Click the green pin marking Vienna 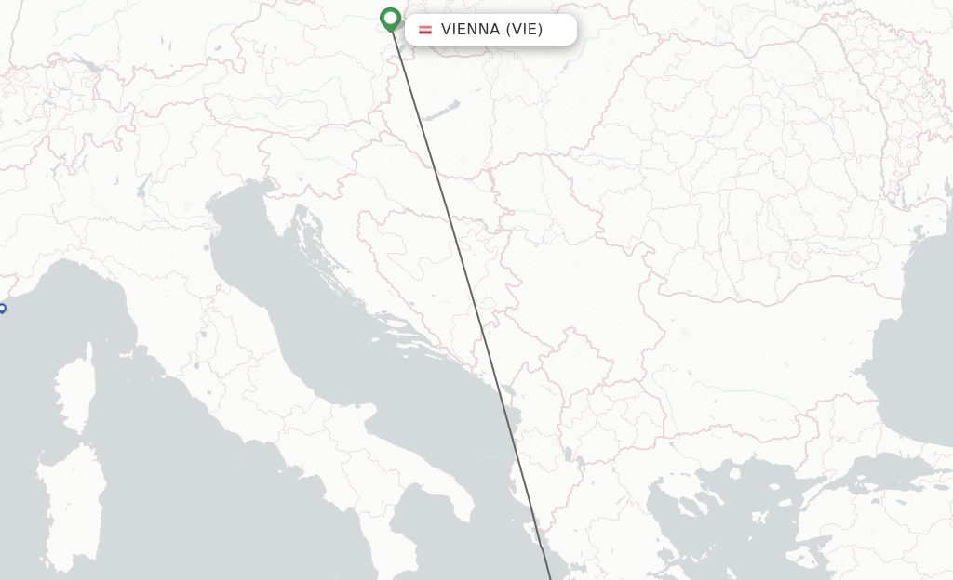391,19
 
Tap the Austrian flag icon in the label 425,30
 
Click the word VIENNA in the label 470,29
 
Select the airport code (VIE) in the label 524,29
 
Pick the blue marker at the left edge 2,309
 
